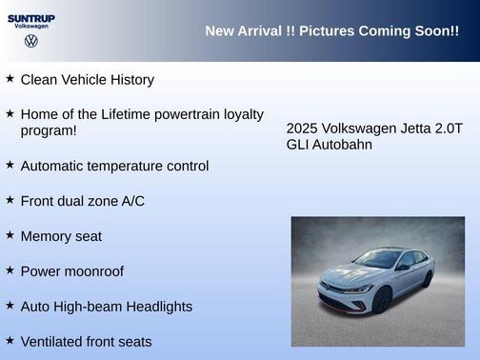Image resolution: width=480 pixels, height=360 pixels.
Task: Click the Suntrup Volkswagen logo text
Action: coord(31,20)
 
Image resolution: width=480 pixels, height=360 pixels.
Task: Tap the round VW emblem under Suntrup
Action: coord(31,41)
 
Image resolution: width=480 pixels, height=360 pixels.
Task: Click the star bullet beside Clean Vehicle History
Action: coord(10,78)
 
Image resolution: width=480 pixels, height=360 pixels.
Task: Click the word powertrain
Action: coord(203,114)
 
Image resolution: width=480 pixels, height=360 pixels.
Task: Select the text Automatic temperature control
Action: coord(114,166)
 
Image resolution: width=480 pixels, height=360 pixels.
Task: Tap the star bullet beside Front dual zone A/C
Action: coord(10,200)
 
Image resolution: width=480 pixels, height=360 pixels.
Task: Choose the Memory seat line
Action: coord(61,236)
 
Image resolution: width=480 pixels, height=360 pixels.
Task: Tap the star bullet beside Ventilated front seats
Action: coord(10,340)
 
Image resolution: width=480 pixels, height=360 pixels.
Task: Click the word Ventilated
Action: coord(53,342)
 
